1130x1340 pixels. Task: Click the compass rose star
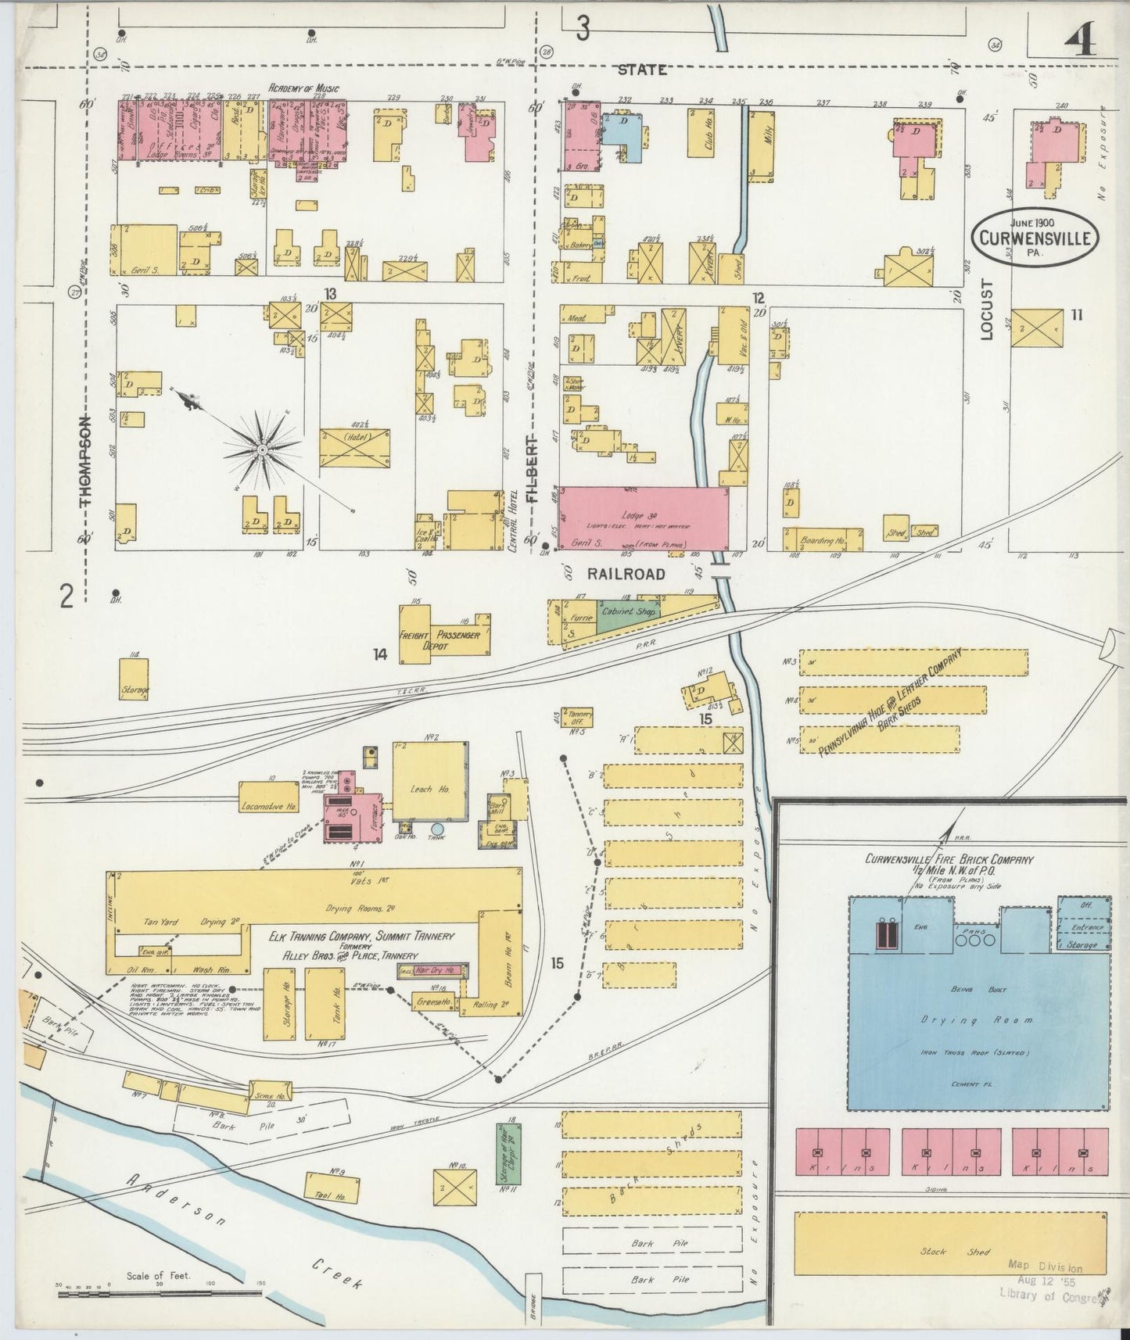262,450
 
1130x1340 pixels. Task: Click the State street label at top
642,70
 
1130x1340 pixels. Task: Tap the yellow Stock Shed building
950,1252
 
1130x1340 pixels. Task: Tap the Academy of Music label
304,89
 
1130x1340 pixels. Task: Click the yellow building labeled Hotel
354,448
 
